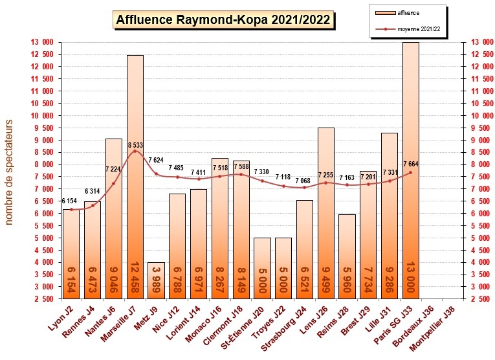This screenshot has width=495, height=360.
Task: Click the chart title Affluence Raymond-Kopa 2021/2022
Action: pos(223,20)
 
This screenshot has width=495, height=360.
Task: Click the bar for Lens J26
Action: pos(326,214)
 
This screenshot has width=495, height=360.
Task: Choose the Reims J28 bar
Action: pos(347,256)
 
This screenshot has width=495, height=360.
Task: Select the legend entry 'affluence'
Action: pos(407,12)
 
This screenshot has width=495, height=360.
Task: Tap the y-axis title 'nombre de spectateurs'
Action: pos(9,172)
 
